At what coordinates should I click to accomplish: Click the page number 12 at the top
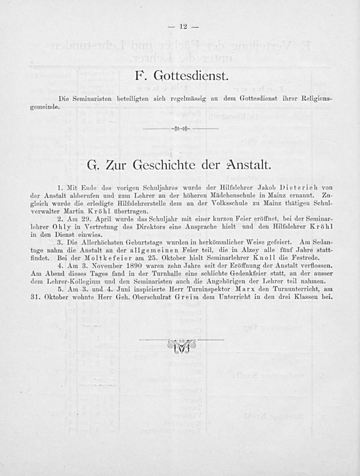pyautogui.click(x=184, y=26)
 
